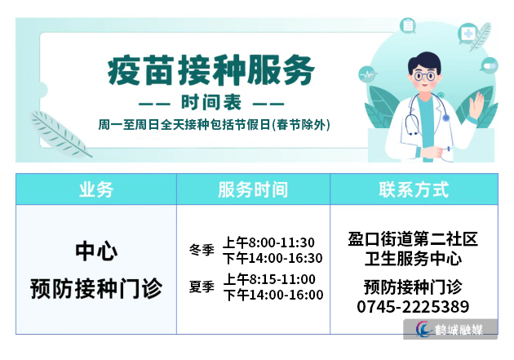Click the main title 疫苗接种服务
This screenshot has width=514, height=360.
[x=211, y=70]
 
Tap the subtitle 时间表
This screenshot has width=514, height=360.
[x=211, y=103]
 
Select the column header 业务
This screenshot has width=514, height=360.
[x=96, y=189]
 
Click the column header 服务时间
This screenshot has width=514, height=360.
[x=253, y=189]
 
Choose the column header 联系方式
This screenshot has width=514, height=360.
[x=414, y=189]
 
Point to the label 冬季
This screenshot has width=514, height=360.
[x=202, y=250]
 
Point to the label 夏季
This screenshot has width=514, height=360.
[x=202, y=287]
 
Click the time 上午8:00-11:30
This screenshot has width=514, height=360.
[x=268, y=242]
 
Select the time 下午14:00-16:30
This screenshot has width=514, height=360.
[x=273, y=258]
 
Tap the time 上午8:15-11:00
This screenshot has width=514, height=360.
[x=269, y=279]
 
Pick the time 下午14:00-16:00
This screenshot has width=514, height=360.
[x=273, y=295]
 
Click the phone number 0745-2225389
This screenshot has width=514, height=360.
[x=413, y=307]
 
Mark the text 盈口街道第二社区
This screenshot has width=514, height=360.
[x=413, y=239]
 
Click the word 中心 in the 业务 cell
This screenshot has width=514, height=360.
[x=96, y=251]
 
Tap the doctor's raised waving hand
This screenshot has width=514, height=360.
[x=476, y=104]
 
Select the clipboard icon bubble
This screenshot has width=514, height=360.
[x=408, y=25]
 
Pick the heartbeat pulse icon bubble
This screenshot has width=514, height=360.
[x=367, y=74]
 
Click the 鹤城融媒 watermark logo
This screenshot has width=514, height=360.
[x=450, y=329]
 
